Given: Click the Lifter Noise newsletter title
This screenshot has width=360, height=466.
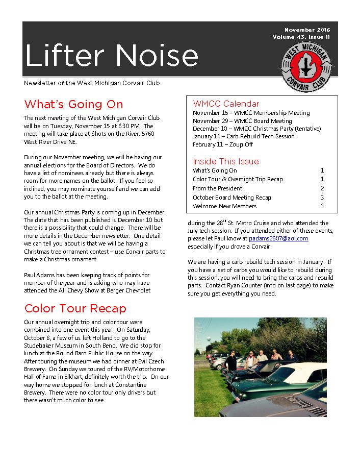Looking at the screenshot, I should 111,55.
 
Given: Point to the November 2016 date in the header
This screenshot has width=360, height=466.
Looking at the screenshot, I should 307,30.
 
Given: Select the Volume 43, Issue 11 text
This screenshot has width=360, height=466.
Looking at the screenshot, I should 301,37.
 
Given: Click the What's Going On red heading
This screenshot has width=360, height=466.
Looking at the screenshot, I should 73,105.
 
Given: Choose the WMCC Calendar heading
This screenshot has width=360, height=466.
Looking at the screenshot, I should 226,104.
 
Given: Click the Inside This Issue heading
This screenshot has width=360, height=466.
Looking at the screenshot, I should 226,161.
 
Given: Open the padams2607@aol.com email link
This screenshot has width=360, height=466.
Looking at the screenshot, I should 278,238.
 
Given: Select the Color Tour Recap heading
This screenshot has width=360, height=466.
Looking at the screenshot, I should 75,308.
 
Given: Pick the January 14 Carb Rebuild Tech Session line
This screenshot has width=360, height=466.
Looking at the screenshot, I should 243,136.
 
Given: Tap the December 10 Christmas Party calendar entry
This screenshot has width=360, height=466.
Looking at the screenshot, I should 256,129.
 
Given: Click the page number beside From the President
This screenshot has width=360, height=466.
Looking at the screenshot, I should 322,188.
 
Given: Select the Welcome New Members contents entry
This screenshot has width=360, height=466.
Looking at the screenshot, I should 224,206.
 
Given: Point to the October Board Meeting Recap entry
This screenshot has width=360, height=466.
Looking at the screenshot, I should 232,198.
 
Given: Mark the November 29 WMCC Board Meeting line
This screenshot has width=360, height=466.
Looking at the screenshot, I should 242,121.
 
